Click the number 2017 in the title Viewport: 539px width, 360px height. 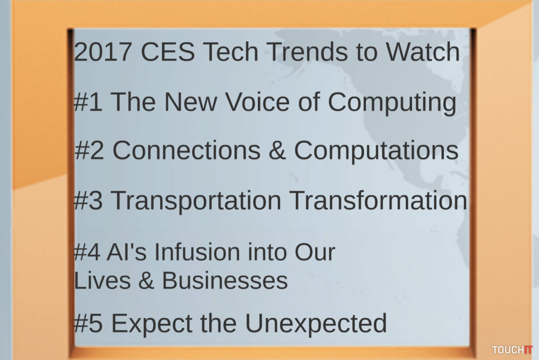[x=103, y=52]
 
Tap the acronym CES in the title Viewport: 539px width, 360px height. [x=168, y=52]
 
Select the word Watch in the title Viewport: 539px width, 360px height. [x=423, y=52]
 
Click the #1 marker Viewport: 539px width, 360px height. [x=88, y=102]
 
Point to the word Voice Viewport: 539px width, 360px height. [x=257, y=102]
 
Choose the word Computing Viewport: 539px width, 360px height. [x=392, y=103]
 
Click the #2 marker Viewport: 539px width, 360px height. [x=88, y=150]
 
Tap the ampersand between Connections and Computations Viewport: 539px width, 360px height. [x=277, y=150]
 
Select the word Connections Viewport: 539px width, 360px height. [x=187, y=150]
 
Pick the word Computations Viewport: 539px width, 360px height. [x=376, y=151]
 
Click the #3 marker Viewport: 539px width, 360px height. [x=88, y=200]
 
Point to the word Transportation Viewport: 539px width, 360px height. [x=196, y=202]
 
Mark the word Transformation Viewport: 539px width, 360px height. [x=378, y=200]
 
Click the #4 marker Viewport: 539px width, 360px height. [x=87, y=252]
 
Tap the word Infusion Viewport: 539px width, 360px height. [x=197, y=252]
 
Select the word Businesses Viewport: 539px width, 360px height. [x=225, y=280]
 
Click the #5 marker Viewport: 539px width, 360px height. [x=88, y=323]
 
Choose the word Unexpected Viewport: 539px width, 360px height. [x=316, y=324]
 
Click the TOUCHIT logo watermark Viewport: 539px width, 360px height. [x=512, y=350]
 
